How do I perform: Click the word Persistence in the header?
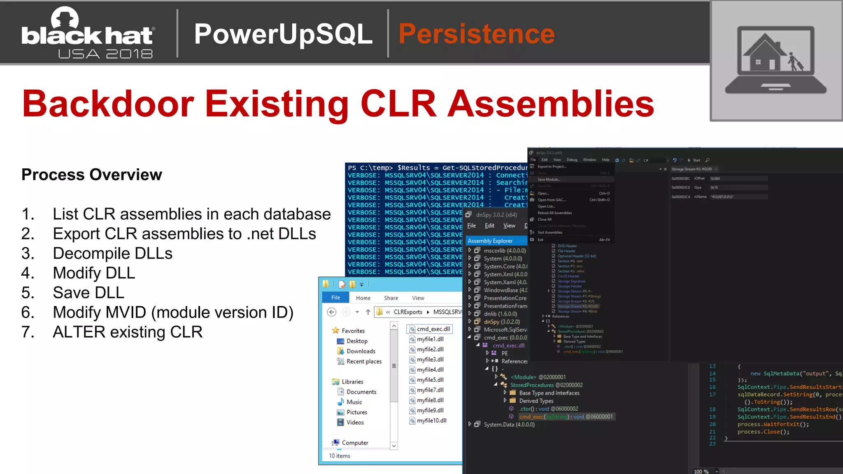pyautogui.click(x=476, y=34)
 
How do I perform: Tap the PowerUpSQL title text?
pyautogui.click(x=283, y=34)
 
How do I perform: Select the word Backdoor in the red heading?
pyautogui.click(x=108, y=104)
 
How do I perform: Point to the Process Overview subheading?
pyautogui.click(x=91, y=175)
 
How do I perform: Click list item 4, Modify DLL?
pyautogui.click(x=94, y=273)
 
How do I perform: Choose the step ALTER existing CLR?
pyautogui.click(x=128, y=332)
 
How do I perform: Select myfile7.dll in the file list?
pyautogui.click(x=430, y=390)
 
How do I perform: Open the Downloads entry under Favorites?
pyautogui.click(x=361, y=351)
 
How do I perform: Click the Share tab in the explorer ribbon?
pyautogui.click(x=391, y=298)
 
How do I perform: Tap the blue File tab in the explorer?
pyautogui.click(x=335, y=297)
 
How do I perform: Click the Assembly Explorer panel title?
pyautogui.click(x=490, y=241)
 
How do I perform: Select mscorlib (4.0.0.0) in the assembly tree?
pyautogui.click(x=505, y=251)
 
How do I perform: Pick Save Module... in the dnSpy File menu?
pyautogui.click(x=549, y=179)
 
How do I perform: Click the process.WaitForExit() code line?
pyautogui.click(x=773, y=424)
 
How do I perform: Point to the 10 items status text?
pyautogui.click(x=340, y=456)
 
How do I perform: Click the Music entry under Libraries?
pyautogui.click(x=354, y=402)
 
